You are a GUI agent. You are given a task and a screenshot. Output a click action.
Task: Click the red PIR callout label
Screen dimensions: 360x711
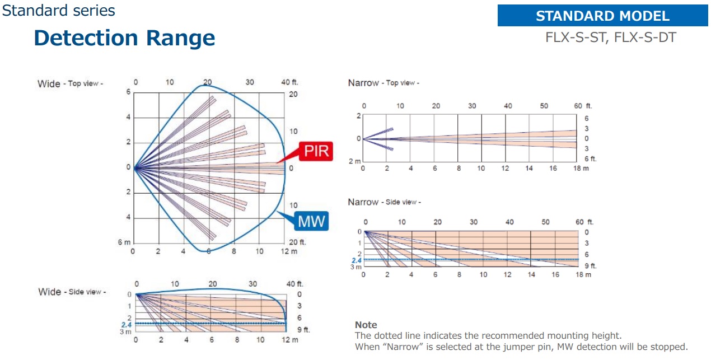click(x=316, y=151)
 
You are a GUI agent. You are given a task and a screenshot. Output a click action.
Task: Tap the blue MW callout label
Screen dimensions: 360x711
click(x=311, y=221)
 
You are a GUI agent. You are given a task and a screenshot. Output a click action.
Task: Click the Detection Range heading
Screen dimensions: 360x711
click(x=124, y=38)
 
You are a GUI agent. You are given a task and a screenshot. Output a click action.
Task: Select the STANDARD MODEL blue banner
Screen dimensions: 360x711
click(x=602, y=16)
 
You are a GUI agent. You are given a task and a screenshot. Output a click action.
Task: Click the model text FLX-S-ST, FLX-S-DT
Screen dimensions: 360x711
click(x=611, y=38)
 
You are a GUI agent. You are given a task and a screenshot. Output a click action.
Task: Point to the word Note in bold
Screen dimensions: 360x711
click(x=366, y=325)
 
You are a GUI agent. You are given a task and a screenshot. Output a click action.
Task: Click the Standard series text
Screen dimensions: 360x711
click(x=58, y=10)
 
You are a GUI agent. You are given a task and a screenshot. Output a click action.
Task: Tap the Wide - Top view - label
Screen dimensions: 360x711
click(x=70, y=83)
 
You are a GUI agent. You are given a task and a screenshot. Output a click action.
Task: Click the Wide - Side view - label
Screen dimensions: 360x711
click(x=72, y=292)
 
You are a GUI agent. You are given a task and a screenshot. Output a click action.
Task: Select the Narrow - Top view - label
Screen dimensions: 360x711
click(x=383, y=83)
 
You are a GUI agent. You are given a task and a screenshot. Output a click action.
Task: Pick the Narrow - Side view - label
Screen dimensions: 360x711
click(x=384, y=202)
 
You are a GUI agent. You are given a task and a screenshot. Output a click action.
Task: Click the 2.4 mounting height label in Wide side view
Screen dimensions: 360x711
click(x=126, y=324)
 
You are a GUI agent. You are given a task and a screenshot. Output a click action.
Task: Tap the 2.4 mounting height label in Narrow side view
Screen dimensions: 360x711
click(x=356, y=260)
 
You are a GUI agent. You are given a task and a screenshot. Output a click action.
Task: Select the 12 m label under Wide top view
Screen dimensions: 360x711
click(x=289, y=251)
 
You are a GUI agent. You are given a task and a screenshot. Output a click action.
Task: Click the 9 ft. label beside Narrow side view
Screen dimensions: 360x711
click(x=590, y=266)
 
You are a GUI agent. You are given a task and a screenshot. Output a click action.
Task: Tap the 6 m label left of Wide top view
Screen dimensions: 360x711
click(x=124, y=242)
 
